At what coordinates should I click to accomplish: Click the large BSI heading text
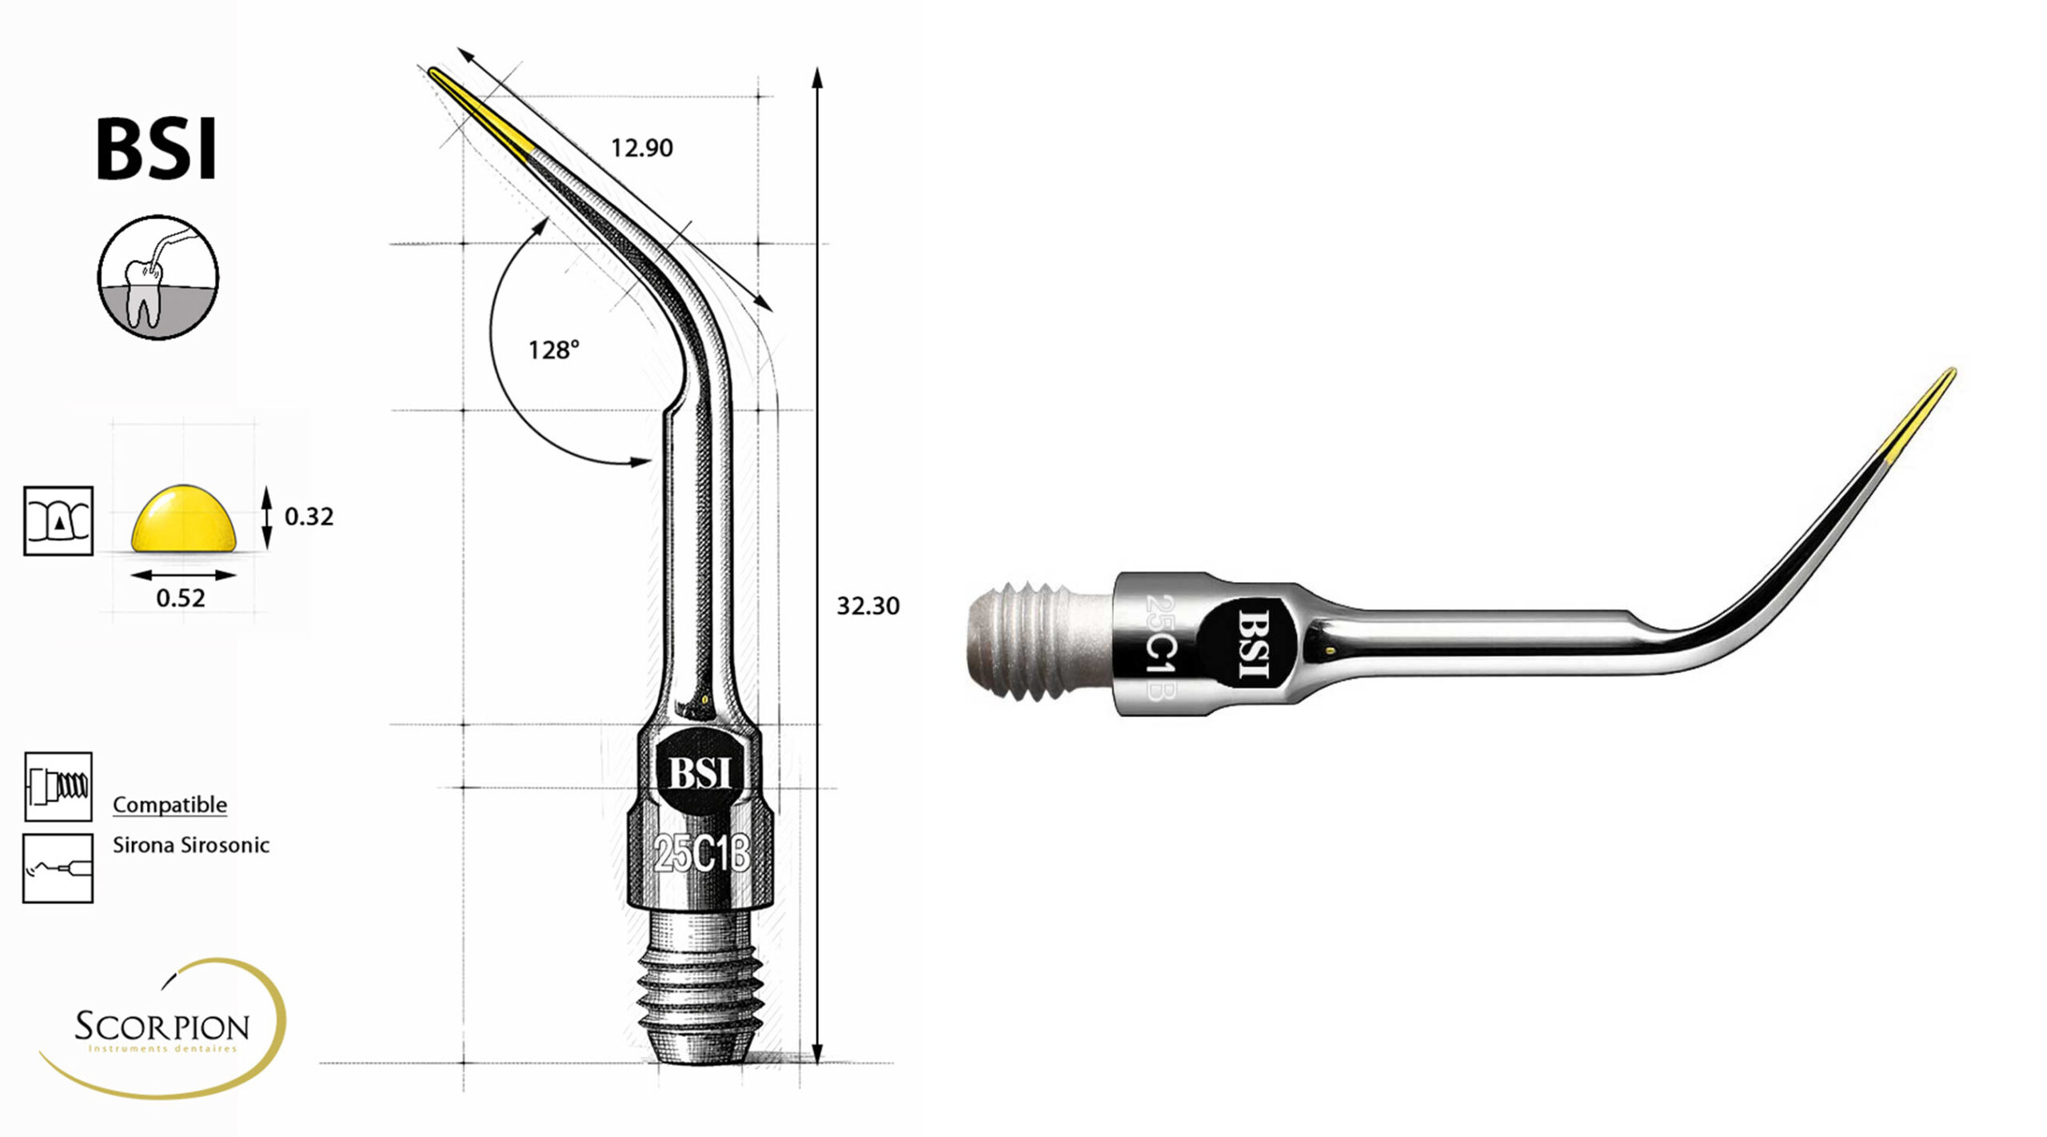[157, 149]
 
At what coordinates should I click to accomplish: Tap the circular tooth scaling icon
[158, 277]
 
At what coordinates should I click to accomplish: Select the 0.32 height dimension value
[309, 517]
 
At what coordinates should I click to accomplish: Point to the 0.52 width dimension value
[181, 598]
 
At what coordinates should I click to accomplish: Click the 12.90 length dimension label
[641, 148]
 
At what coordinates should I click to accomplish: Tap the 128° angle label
[553, 349]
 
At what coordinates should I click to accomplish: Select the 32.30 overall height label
[868, 606]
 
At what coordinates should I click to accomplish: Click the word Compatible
[170, 804]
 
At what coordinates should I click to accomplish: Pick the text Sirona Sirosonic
[190, 845]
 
